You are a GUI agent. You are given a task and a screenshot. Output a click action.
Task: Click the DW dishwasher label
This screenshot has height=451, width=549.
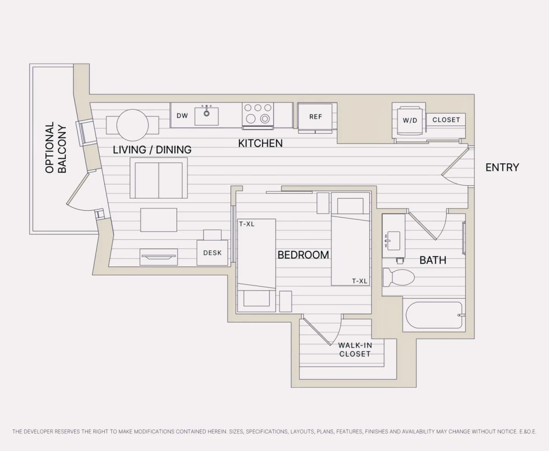pyautogui.click(x=182, y=116)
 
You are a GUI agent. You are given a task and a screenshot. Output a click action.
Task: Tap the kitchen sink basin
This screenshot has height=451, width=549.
pyautogui.click(x=206, y=117)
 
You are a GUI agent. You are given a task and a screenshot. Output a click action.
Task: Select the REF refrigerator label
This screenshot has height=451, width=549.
pyautogui.click(x=316, y=117)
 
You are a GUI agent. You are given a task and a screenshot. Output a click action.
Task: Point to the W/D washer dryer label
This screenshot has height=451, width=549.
pyautogui.click(x=410, y=120)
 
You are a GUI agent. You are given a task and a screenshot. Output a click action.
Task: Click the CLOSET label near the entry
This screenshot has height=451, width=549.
pyautogui.click(x=446, y=120)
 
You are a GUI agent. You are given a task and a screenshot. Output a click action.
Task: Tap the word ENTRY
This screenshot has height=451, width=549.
pyautogui.click(x=502, y=167)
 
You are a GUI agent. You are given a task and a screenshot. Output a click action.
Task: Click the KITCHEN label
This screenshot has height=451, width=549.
pyautogui.click(x=260, y=143)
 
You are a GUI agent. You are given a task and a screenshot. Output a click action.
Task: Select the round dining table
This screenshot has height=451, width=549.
pyautogui.click(x=133, y=125)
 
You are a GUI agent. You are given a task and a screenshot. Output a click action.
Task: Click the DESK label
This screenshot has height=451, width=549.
pyautogui.click(x=212, y=252)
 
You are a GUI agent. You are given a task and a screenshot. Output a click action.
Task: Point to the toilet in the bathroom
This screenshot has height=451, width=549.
pyautogui.click(x=398, y=277)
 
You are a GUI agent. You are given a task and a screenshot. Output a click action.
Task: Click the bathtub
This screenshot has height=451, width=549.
pyautogui.click(x=434, y=315)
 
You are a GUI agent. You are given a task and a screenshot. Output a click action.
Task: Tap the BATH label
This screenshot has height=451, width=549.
pyautogui.click(x=433, y=260)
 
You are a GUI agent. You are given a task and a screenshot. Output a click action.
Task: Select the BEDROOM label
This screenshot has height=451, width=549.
pyautogui.click(x=303, y=255)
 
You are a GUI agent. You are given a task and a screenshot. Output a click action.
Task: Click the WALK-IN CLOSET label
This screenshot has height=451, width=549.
pyautogui.click(x=355, y=349)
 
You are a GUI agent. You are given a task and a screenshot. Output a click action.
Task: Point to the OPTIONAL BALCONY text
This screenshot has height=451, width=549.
pyautogui.click(x=56, y=147)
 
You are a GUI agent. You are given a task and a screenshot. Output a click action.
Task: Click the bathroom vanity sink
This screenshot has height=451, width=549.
pyautogui.click(x=393, y=241)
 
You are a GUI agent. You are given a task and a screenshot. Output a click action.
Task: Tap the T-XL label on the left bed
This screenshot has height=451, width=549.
pyautogui.click(x=247, y=224)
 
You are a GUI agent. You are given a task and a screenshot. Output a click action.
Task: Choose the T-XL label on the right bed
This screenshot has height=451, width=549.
pyautogui.click(x=360, y=281)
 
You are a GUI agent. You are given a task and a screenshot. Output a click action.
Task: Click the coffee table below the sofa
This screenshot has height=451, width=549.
pyautogui.click(x=159, y=220)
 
